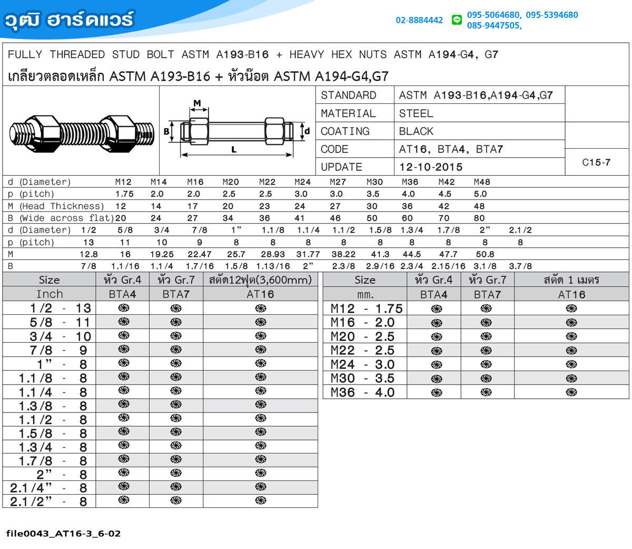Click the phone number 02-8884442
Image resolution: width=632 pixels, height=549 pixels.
pos(419,21)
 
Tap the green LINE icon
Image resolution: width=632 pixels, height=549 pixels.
pos(456,20)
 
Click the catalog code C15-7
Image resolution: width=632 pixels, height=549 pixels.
pos(596,162)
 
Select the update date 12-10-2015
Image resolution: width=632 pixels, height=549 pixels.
pos(431,167)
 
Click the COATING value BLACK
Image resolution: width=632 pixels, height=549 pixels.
pos(416,131)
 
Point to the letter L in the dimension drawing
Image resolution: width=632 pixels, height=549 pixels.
pos(234,150)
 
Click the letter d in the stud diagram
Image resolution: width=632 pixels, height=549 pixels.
pos(307,131)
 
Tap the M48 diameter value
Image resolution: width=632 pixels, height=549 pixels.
pos(482,182)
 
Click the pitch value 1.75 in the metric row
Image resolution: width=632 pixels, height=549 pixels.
pos(124,194)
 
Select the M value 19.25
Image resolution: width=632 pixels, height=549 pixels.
pos(162,254)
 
